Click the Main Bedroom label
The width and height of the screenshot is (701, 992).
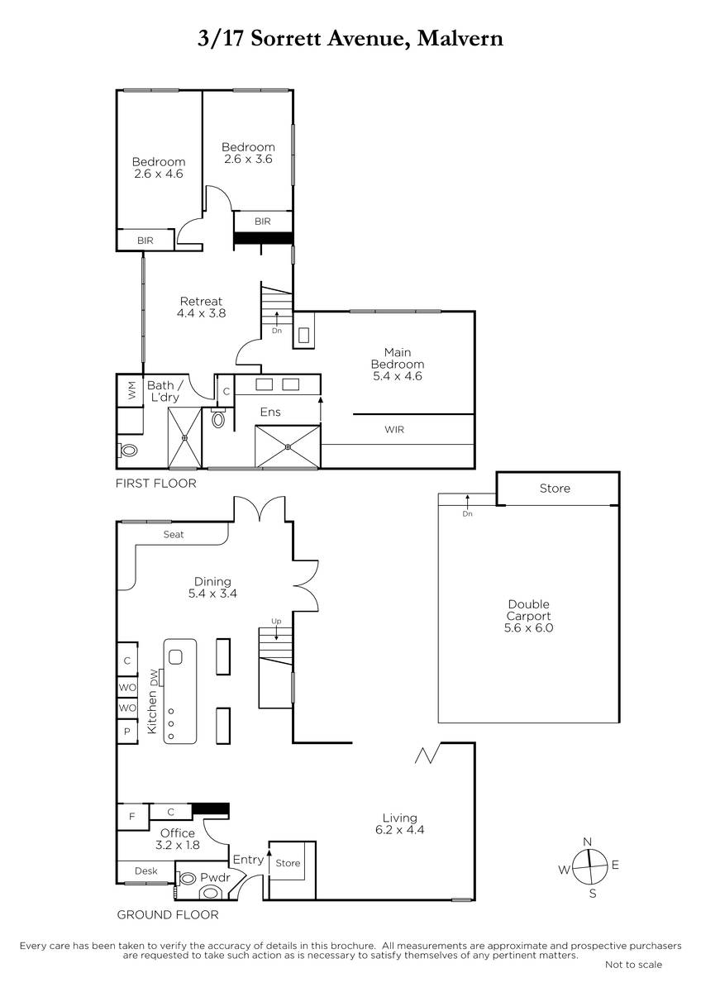click(398, 364)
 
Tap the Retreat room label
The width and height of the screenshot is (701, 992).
click(201, 308)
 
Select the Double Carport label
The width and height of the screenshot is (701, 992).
click(528, 616)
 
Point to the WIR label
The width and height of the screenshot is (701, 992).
click(394, 430)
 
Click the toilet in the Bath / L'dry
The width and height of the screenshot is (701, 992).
click(128, 451)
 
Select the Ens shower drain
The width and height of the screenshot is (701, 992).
click(288, 446)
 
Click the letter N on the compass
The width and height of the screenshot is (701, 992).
click(588, 842)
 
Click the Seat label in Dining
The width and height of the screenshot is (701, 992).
click(173, 535)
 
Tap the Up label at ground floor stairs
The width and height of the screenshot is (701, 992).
click(276, 622)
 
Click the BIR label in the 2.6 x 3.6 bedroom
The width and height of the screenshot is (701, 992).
click(263, 222)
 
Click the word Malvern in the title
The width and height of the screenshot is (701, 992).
click(460, 39)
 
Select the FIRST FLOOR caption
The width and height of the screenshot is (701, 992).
click(156, 483)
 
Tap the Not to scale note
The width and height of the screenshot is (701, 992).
click(634, 976)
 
